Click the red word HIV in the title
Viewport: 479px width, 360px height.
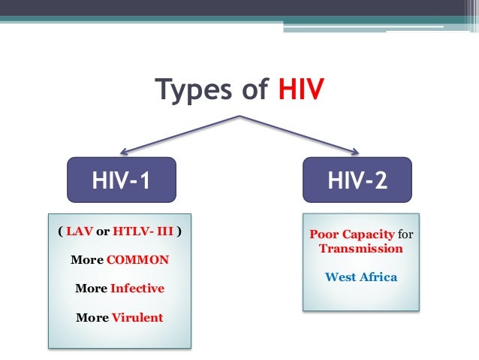pos(301,90)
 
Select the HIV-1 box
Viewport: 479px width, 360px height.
pos(121,180)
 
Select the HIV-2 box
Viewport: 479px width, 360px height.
pos(357,180)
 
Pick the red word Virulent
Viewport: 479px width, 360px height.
pos(137,316)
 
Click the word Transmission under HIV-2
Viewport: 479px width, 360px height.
pos(360,248)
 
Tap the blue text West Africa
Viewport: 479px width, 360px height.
pos(360,277)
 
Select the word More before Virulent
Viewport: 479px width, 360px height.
pos(92,316)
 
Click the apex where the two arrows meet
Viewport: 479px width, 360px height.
pos(239,116)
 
